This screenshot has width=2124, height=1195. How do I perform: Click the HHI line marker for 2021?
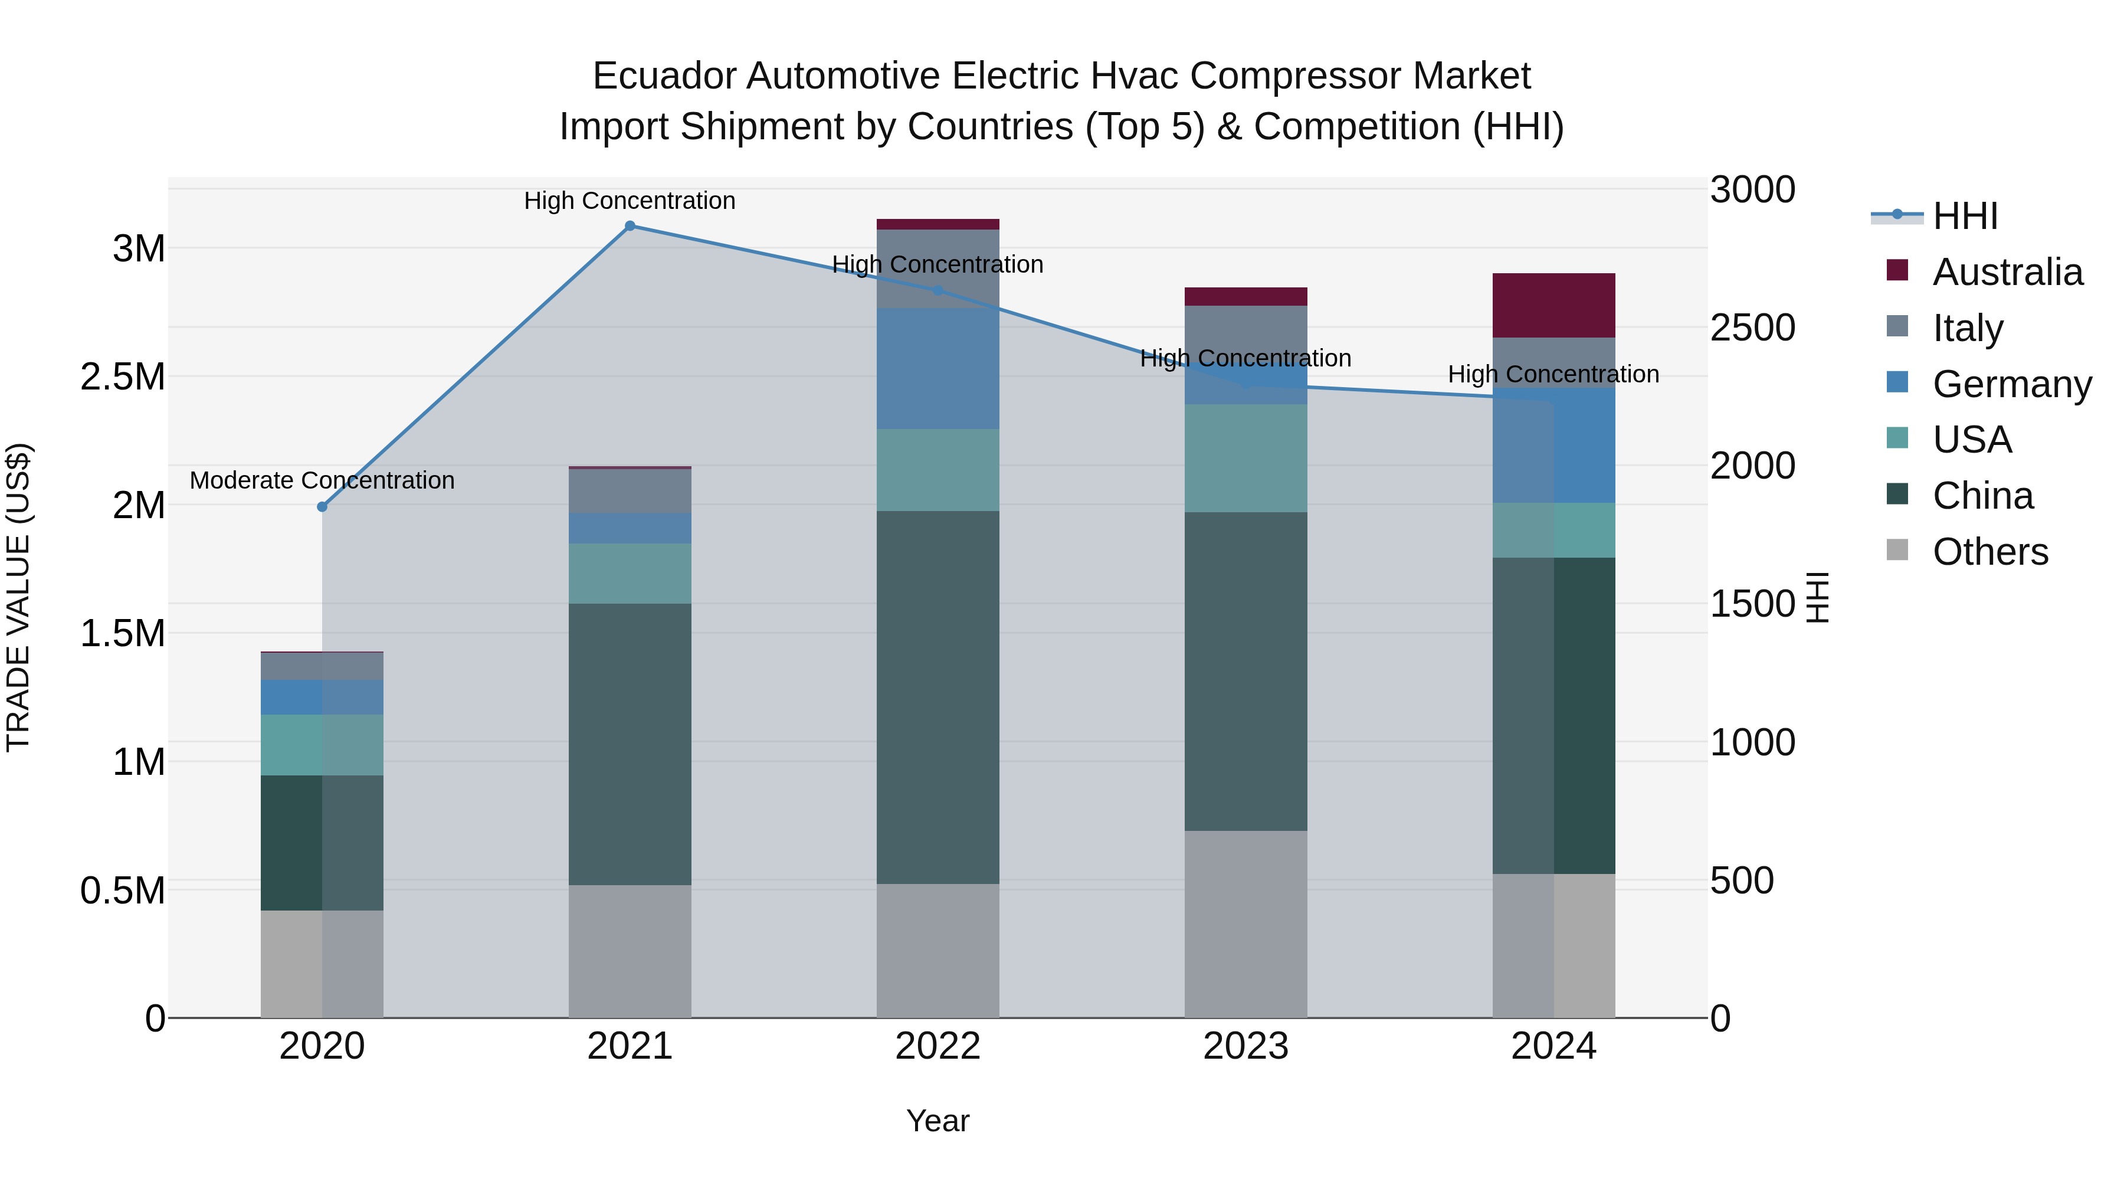click(x=630, y=226)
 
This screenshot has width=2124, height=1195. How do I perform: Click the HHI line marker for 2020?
click(x=322, y=506)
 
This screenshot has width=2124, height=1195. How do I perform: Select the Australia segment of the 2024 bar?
click(x=1553, y=305)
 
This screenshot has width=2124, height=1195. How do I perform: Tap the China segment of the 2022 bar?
click(x=938, y=697)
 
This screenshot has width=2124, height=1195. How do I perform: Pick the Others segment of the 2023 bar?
click(x=1245, y=924)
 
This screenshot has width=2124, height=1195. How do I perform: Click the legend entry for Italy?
click(x=1967, y=328)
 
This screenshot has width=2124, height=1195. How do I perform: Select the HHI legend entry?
click(x=1964, y=216)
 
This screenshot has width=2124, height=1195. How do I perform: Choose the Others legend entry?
click(x=1989, y=552)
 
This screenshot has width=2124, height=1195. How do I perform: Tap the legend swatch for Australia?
click(x=1897, y=270)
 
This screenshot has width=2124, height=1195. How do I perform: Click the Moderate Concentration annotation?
click(x=322, y=480)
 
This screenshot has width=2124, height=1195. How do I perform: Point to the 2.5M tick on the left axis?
click(x=122, y=377)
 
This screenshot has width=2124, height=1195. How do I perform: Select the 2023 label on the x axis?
click(x=1245, y=1046)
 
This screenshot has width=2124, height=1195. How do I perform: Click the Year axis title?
click(x=938, y=1121)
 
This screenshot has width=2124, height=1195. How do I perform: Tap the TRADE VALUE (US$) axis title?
click(x=18, y=597)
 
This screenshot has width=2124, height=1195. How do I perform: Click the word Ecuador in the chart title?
click(x=664, y=77)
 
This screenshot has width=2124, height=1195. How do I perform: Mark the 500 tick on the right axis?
click(x=1742, y=881)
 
